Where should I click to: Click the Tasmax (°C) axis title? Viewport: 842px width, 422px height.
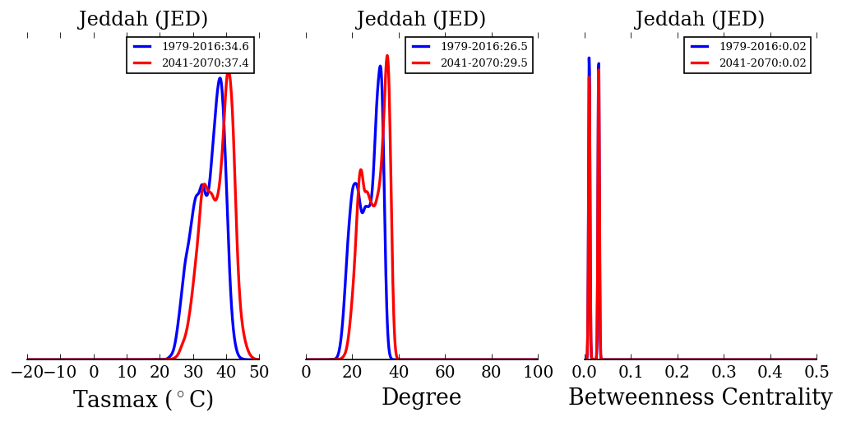point(143,400)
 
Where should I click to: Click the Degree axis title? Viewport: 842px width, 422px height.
point(421,398)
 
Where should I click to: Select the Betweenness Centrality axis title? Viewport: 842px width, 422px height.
point(700,398)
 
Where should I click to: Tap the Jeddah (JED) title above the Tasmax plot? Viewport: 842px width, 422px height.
point(143,20)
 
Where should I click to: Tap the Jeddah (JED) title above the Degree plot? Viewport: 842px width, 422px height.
point(421,20)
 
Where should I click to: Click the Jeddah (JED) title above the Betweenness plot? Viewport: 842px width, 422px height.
point(700,20)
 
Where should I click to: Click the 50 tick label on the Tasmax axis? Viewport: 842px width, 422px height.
point(258,372)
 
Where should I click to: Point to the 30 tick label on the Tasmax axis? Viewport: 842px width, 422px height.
point(193,372)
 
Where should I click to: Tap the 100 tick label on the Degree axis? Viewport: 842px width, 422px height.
point(538,372)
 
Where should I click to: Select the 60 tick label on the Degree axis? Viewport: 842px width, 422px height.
point(445,372)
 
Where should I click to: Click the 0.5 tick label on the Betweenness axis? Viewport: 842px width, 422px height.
point(816,372)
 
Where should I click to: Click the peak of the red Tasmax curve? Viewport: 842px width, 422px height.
point(228,74)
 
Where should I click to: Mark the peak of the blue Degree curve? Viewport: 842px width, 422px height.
point(380,67)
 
